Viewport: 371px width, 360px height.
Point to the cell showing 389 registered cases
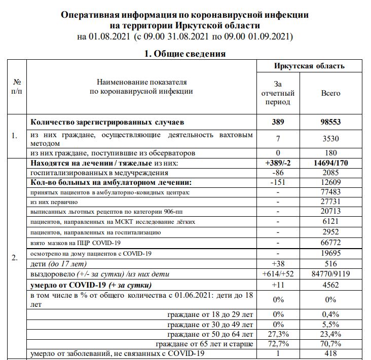[278, 122]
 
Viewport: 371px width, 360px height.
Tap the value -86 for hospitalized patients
[278, 173]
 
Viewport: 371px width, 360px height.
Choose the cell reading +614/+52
[278, 274]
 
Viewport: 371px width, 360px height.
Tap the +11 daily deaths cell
[278, 284]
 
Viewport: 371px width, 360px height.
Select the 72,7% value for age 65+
[278, 344]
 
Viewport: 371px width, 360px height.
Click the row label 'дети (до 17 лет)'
[59, 264]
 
